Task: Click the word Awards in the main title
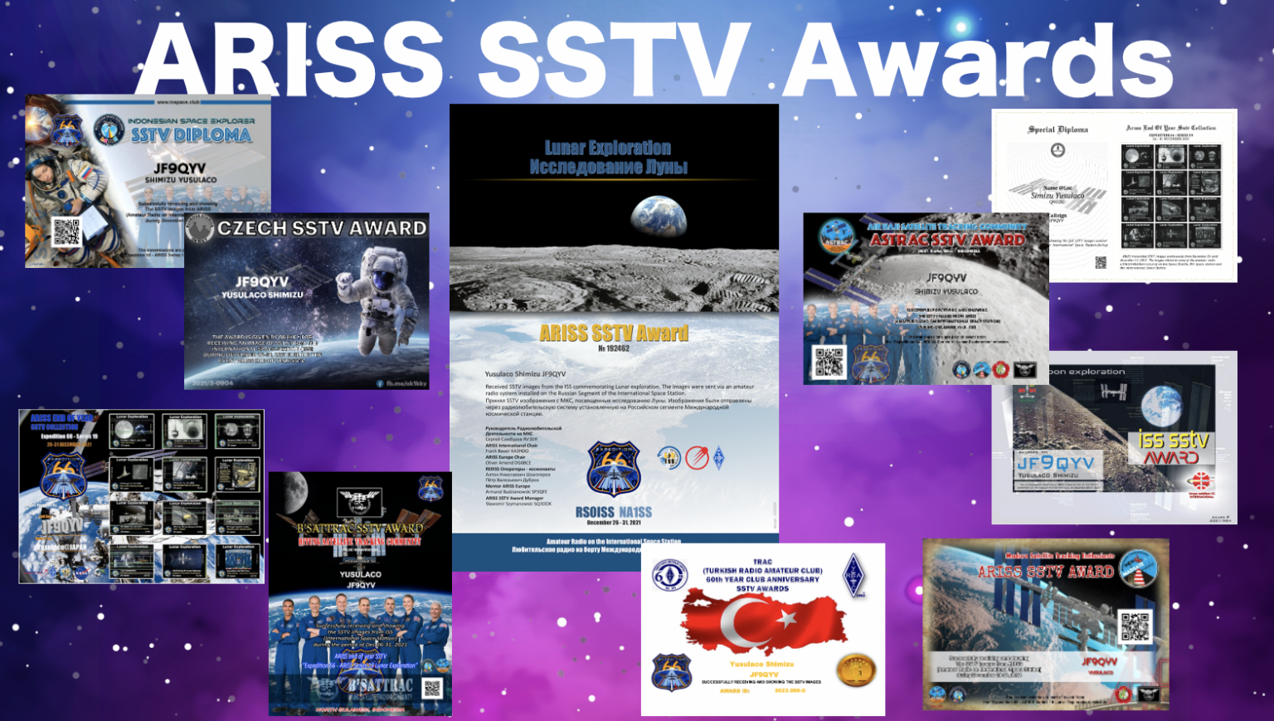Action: pyautogui.click(x=979, y=60)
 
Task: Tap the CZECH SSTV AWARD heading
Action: pyautogui.click(x=322, y=228)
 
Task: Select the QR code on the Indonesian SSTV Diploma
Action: pyautogui.click(x=67, y=231)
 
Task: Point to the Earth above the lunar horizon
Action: pyautogui.click(x=659, y=215)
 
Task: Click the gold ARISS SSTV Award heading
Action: pyautogui.click(x=614, y=334)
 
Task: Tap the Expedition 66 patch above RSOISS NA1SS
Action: pyautogui.click(x=613, y=469)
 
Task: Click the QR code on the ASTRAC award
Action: pyautogui.click(x=829, y=362)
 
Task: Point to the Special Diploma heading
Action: pyautogui.click(x=1058, y=129)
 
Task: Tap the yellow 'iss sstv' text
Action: pyautogui.click(x=1173, y=440)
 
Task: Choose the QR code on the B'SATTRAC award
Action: pyautogui.click(x=432, y=689)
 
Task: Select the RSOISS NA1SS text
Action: pyautogui.click(x=613, y=512)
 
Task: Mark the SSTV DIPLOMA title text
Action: pyautogui.click(x=191, y=135)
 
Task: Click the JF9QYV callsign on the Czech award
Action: pyautogui.click(x=262, y=282)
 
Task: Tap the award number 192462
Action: pyautogui.click(x=614, y=349)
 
